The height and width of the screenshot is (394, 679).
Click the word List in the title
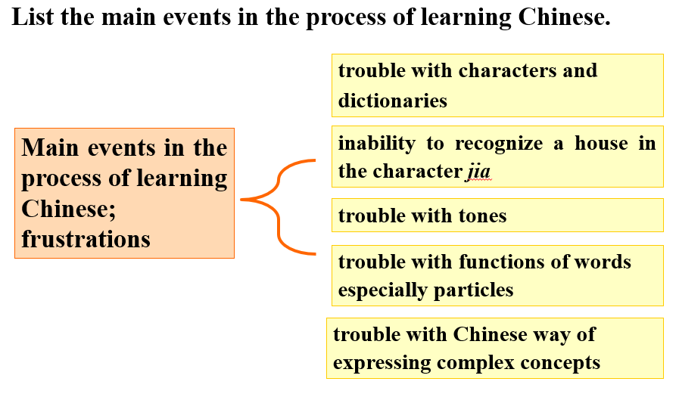point(33,17)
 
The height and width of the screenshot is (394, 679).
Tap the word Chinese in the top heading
point(564,17)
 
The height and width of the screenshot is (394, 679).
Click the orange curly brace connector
point(278,206)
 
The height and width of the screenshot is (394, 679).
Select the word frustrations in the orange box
point(86,239)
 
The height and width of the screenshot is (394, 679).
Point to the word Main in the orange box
point(50,147)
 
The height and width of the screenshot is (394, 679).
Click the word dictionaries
point(392,101)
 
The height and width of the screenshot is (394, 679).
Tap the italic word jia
point(478,171)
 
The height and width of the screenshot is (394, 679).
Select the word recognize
point(498,143)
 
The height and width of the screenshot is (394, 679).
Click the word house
point(601,143)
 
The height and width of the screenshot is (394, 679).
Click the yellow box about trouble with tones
point(497,216)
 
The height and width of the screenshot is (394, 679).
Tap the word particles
point(473,290)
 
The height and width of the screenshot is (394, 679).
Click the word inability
point(377,143)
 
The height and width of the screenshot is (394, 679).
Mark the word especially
point(383,290)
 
